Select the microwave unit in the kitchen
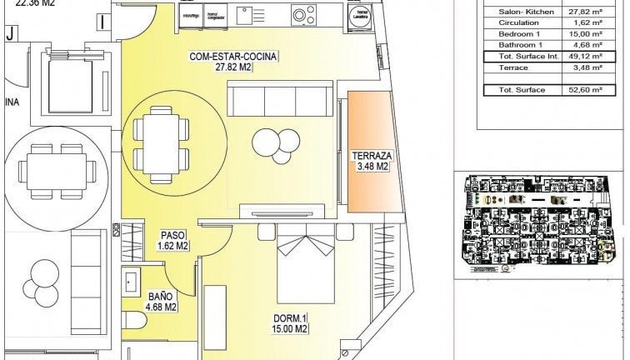(x=191, y=14)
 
